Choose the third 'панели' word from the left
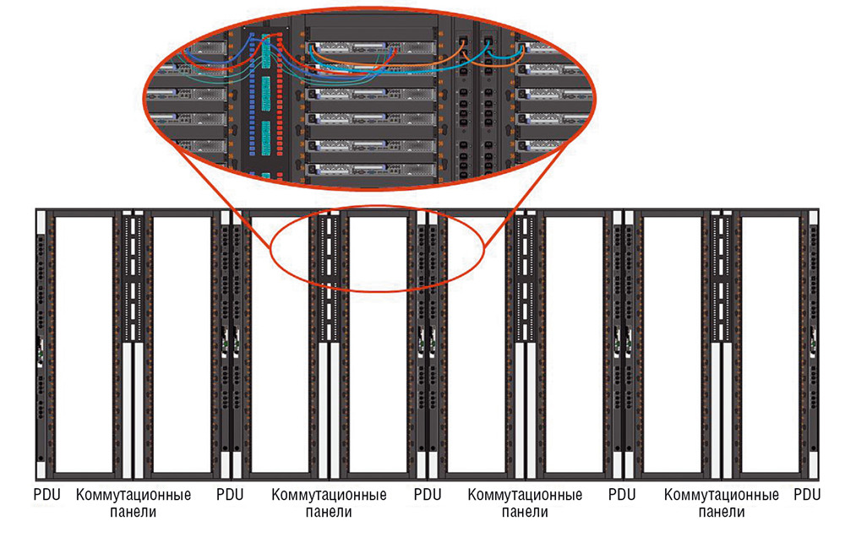coord(525,511)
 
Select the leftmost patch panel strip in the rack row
coord(132,279)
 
